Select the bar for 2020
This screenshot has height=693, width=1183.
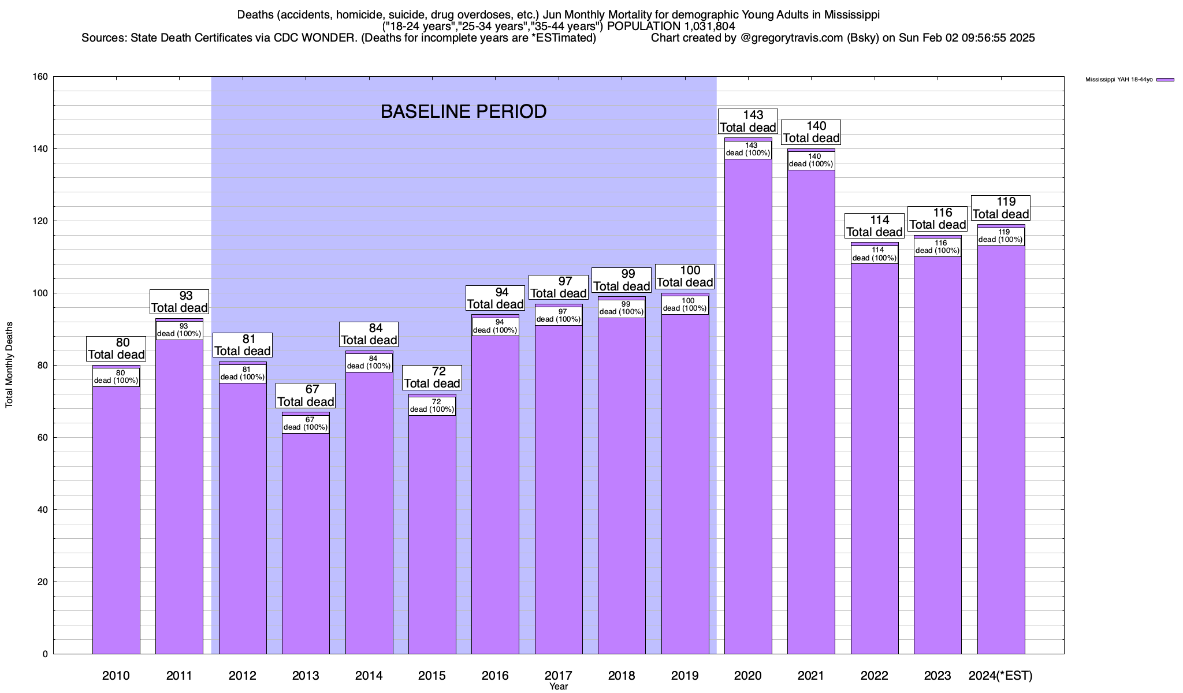(x=748, y=404)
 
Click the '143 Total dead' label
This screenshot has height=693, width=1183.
(x=748, y=121)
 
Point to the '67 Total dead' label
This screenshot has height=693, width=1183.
(x=306, y=396)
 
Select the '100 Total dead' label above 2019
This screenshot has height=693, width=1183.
(x=685, y=277)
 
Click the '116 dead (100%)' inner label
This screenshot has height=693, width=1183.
(x=938, y=247)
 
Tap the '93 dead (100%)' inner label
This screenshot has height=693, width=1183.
(x=179, y=330)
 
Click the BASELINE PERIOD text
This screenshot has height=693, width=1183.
(x=463, y=111)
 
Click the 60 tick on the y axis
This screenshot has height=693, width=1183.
(x=43, y=438)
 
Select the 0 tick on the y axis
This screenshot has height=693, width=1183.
(x=45, y=654)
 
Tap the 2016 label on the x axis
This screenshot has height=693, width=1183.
(x=495, y=676)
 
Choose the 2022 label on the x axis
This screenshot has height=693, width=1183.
(x=874, y=676)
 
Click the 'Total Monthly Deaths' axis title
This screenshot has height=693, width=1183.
(x=9, y=365)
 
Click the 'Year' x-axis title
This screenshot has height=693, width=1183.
(x=559, y=687)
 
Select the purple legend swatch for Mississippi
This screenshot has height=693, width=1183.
(x=1165, y=80)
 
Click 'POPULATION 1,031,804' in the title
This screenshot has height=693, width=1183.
(x=671, y=26)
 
